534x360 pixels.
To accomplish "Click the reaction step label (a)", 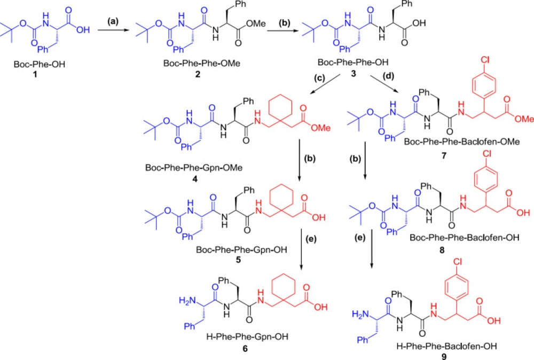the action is click(x=113, y=21).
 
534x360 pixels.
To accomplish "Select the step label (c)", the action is click(x=319, y=78).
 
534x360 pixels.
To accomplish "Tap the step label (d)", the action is click(x=388, y=76).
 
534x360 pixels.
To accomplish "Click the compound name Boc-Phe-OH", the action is click(x=40, y=64).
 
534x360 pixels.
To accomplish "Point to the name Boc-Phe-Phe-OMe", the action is click(x=202, y=64).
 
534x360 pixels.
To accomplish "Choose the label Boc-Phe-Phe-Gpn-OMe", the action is click(x=194, y=168).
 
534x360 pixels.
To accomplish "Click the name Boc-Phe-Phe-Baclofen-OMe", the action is click(x=462, y=142).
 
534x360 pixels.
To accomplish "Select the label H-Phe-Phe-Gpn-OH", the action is click(x=247, y=337).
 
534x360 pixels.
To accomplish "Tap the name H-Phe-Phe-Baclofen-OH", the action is click(x=446, y=346).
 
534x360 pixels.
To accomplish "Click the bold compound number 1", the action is click(x=35, y=74).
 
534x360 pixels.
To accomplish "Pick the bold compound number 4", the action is click(x=195, y=178).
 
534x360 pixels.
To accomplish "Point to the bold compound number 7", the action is click(x=444, y=155).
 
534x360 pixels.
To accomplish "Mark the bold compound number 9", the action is click(x=444, y=356).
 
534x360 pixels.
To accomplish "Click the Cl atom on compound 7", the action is click(x=485, y=60).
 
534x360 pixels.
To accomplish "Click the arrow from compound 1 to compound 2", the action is click(x=113, y=30).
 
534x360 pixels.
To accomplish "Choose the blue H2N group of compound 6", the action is click(x=187, y=300).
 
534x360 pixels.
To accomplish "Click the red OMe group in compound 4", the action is click(x=320, y=128).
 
